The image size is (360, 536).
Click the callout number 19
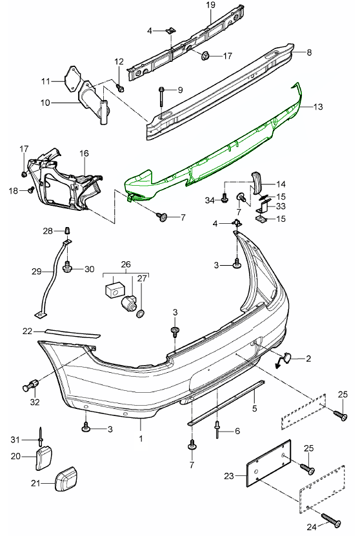tap(210, 5)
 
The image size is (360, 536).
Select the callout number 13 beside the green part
tap(318, 106)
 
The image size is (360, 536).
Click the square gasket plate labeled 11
tap(72, 79)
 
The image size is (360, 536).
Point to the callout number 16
tap(84, 153)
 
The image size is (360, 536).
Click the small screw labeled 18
tap(31, 188)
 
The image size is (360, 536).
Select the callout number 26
tap(126, 264)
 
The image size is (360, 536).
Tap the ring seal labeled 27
tap(141, 313)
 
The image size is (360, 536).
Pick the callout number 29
tap(37, 272)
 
